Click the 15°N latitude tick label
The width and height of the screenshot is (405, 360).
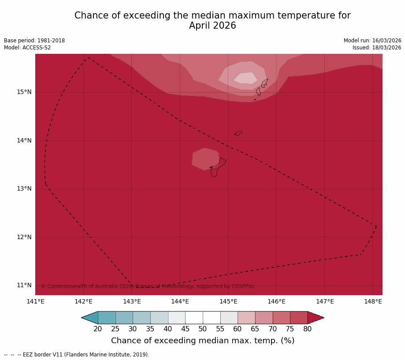(24, 92)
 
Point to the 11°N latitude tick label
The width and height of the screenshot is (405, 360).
(24, 285)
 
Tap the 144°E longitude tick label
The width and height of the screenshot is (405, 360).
(180, 302)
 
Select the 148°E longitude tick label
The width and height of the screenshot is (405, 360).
(373, 302)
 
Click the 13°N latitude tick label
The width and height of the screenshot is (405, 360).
(24, 189)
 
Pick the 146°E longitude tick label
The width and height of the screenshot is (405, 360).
(276, 302)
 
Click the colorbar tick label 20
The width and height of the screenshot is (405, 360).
(98, 329)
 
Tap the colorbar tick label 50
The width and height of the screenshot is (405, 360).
(203, 329)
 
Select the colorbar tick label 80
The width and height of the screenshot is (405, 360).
(308, 329)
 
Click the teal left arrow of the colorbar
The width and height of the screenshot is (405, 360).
(90, 318)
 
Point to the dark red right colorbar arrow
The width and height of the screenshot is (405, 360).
(315, 318)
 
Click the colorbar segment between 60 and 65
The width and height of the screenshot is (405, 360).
(246, 318)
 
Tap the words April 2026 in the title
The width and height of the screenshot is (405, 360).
(212, 26)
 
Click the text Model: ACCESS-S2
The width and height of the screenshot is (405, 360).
(27, 48)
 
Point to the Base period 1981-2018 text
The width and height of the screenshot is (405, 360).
(34, 41)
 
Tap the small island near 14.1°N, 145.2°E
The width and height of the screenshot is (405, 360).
(238, 133)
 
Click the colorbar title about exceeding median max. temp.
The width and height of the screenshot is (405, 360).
(203, 341)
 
